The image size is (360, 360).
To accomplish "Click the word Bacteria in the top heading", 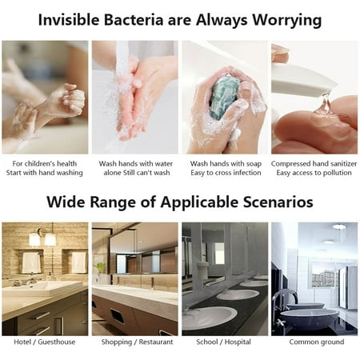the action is tap(133, 20).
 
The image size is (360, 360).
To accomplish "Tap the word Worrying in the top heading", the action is tap(287, 21).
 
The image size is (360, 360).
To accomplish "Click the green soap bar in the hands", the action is tap(225, 98).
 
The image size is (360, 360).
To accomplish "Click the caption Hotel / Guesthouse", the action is tap(45, 342).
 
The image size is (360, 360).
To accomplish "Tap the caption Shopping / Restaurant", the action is tap(137, 342).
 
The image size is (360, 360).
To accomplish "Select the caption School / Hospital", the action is tap(223, 342).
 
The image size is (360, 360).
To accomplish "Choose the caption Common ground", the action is tap(317, 342).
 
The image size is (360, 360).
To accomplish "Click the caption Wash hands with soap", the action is tap(226, 163).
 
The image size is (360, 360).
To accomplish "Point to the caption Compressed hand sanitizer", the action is tap(314, 164).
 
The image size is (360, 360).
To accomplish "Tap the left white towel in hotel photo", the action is tap(31, 262).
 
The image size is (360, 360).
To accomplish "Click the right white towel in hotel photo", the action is tap(79, 262).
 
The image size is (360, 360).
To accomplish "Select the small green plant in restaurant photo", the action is tap(100, 268).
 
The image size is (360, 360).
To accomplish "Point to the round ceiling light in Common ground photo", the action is tap(339, 227).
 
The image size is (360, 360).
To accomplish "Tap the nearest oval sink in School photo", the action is tap(210, 318).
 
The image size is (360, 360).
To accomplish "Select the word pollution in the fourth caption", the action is tap(337, 173).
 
